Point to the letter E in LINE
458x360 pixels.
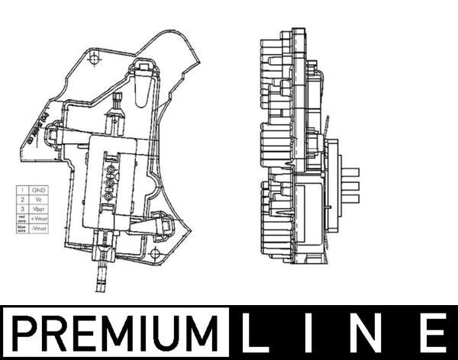pyautogui.click(x=434, y=334)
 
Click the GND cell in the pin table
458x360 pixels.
pyautogui.click(x=37, y=189)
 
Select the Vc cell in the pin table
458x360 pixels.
pyautogui.click(x=37, y=199)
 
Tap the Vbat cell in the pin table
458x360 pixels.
pyautogui.click(x=37, y=208)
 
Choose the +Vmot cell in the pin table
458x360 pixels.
pyautogui.click(x=37, y=218)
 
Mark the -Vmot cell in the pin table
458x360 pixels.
pyautogui.click(x=37, y=228)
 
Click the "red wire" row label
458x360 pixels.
pyautogui.click(x=22, y=218)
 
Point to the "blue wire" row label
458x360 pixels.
pyautogui.click(x=22, y=228)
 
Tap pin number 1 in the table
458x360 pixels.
pyautogui.click(x=22, y=189)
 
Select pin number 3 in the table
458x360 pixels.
pyautogui.click(x=22, y=208)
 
